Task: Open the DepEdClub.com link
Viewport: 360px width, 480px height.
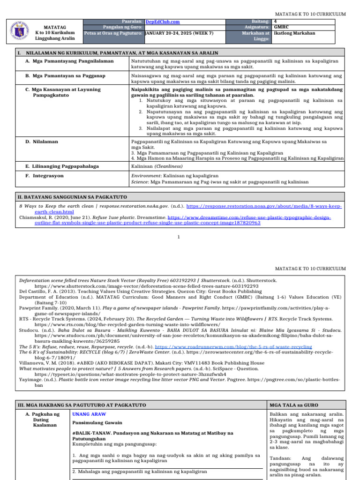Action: (x=163, y=22)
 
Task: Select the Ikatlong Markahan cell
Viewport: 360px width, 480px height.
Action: (x=294, y=33)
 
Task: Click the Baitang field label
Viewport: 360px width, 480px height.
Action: (x=260, y=22)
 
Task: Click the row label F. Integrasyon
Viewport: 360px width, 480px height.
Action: (x=45, y=176)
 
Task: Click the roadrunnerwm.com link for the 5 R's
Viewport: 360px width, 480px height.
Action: (x=255, y=346)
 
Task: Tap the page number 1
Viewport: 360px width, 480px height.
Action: (x=179, y=237)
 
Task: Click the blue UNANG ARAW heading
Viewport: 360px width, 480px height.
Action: (x=89, y=414)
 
